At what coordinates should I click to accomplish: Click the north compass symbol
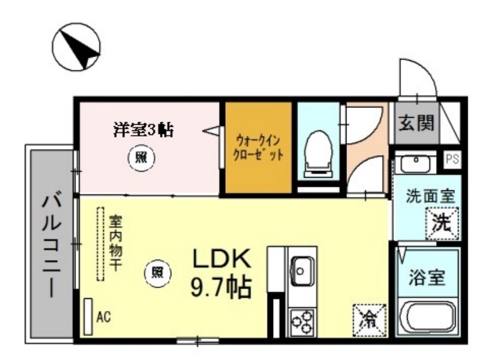point(76,48)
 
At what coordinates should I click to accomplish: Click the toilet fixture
point(319,152)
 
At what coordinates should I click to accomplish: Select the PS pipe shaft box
point(452,159)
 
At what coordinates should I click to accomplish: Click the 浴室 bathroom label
point(427,278)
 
